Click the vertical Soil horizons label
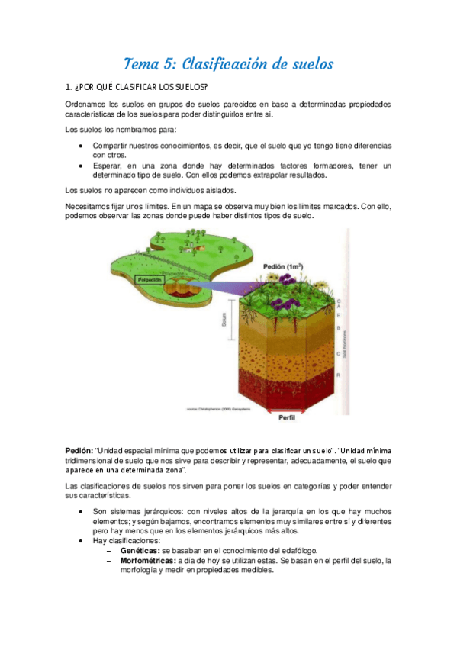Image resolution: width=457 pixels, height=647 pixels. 345,344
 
